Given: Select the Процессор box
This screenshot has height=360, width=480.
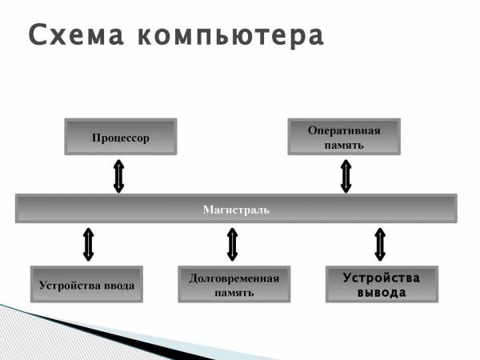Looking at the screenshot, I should tap(120, 137).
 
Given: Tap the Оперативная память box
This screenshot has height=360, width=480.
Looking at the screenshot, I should tap(344, 137).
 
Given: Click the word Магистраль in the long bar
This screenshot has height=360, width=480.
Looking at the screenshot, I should tap(235, 210).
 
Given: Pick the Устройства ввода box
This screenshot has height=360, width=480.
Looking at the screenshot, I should tap(86, 285).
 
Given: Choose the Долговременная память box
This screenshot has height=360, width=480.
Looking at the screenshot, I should tap(234, 285).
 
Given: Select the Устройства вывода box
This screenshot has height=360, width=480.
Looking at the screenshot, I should tap(381, 285).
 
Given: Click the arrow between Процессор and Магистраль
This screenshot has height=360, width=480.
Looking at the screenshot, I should tap(118, 176).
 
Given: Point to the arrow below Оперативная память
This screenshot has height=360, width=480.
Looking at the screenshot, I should tap(346, 176).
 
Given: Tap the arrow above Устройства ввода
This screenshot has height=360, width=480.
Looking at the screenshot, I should tap(88, 244).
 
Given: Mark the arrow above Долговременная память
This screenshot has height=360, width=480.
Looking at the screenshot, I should tap(232, 244).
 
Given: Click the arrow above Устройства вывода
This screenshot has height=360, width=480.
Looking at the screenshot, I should tap(380, 244).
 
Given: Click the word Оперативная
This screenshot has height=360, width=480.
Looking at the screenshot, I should tap(344, 130).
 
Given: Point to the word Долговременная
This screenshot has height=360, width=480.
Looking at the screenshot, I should tap(234, 278).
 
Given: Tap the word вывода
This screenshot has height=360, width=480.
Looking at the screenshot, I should tap(381, 293).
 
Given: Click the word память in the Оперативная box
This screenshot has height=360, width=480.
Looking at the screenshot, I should tap(344, 145).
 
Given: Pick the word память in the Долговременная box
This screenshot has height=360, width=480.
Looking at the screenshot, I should tap(234, 293).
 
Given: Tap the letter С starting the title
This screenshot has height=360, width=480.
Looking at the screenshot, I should tap(37, 35).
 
